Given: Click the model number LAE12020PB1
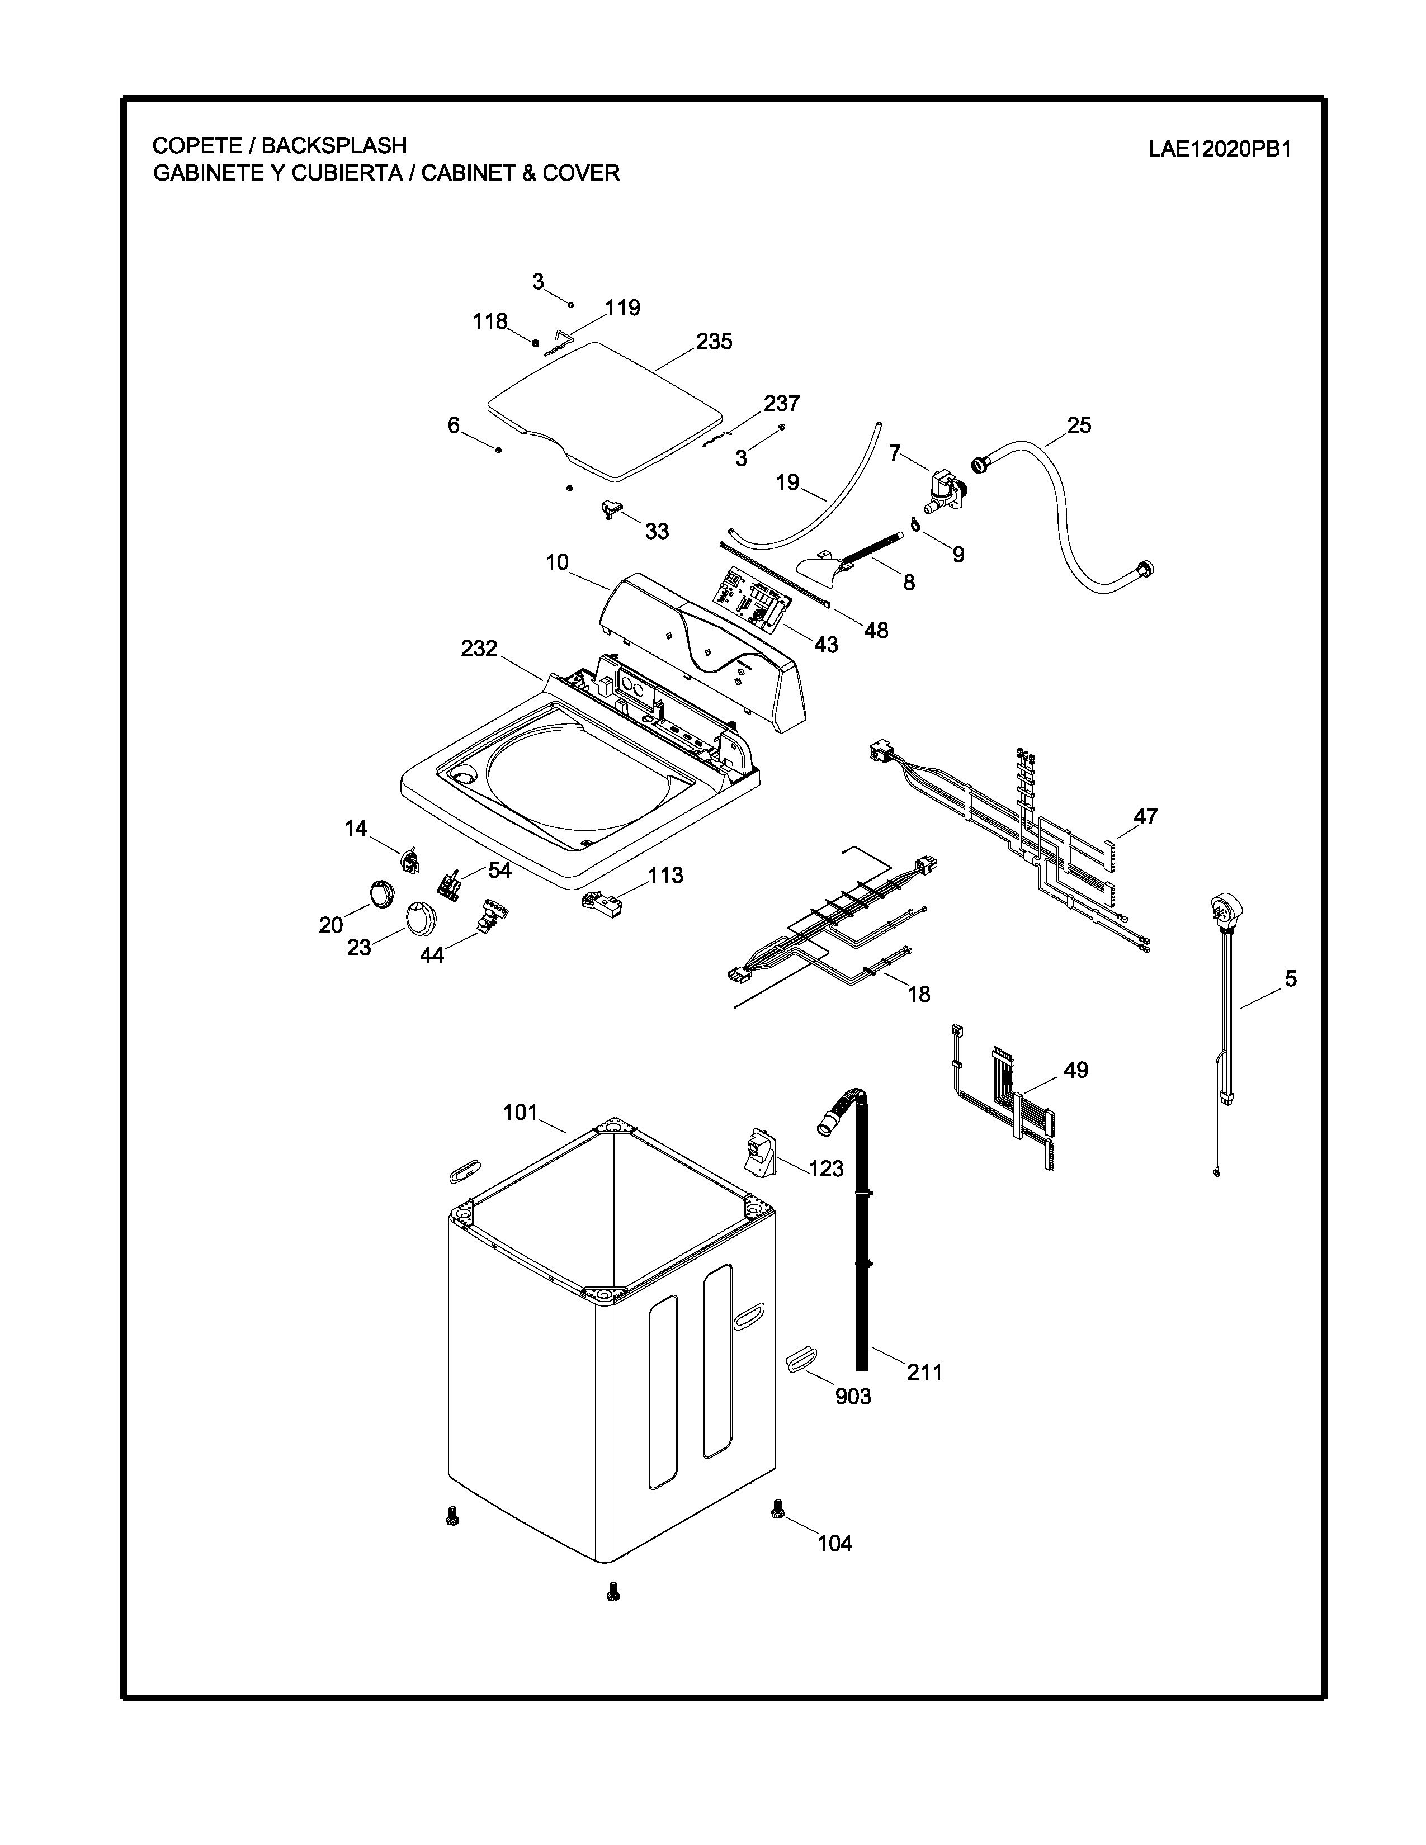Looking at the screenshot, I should [x=1218, y=149].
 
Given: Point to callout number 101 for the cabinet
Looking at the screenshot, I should [x=521, y=1113].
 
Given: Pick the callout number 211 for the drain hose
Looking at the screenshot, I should [x=924, y=1373].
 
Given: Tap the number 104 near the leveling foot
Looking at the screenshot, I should [x=835, y=1544].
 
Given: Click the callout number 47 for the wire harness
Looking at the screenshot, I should [x=1145, y=817].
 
